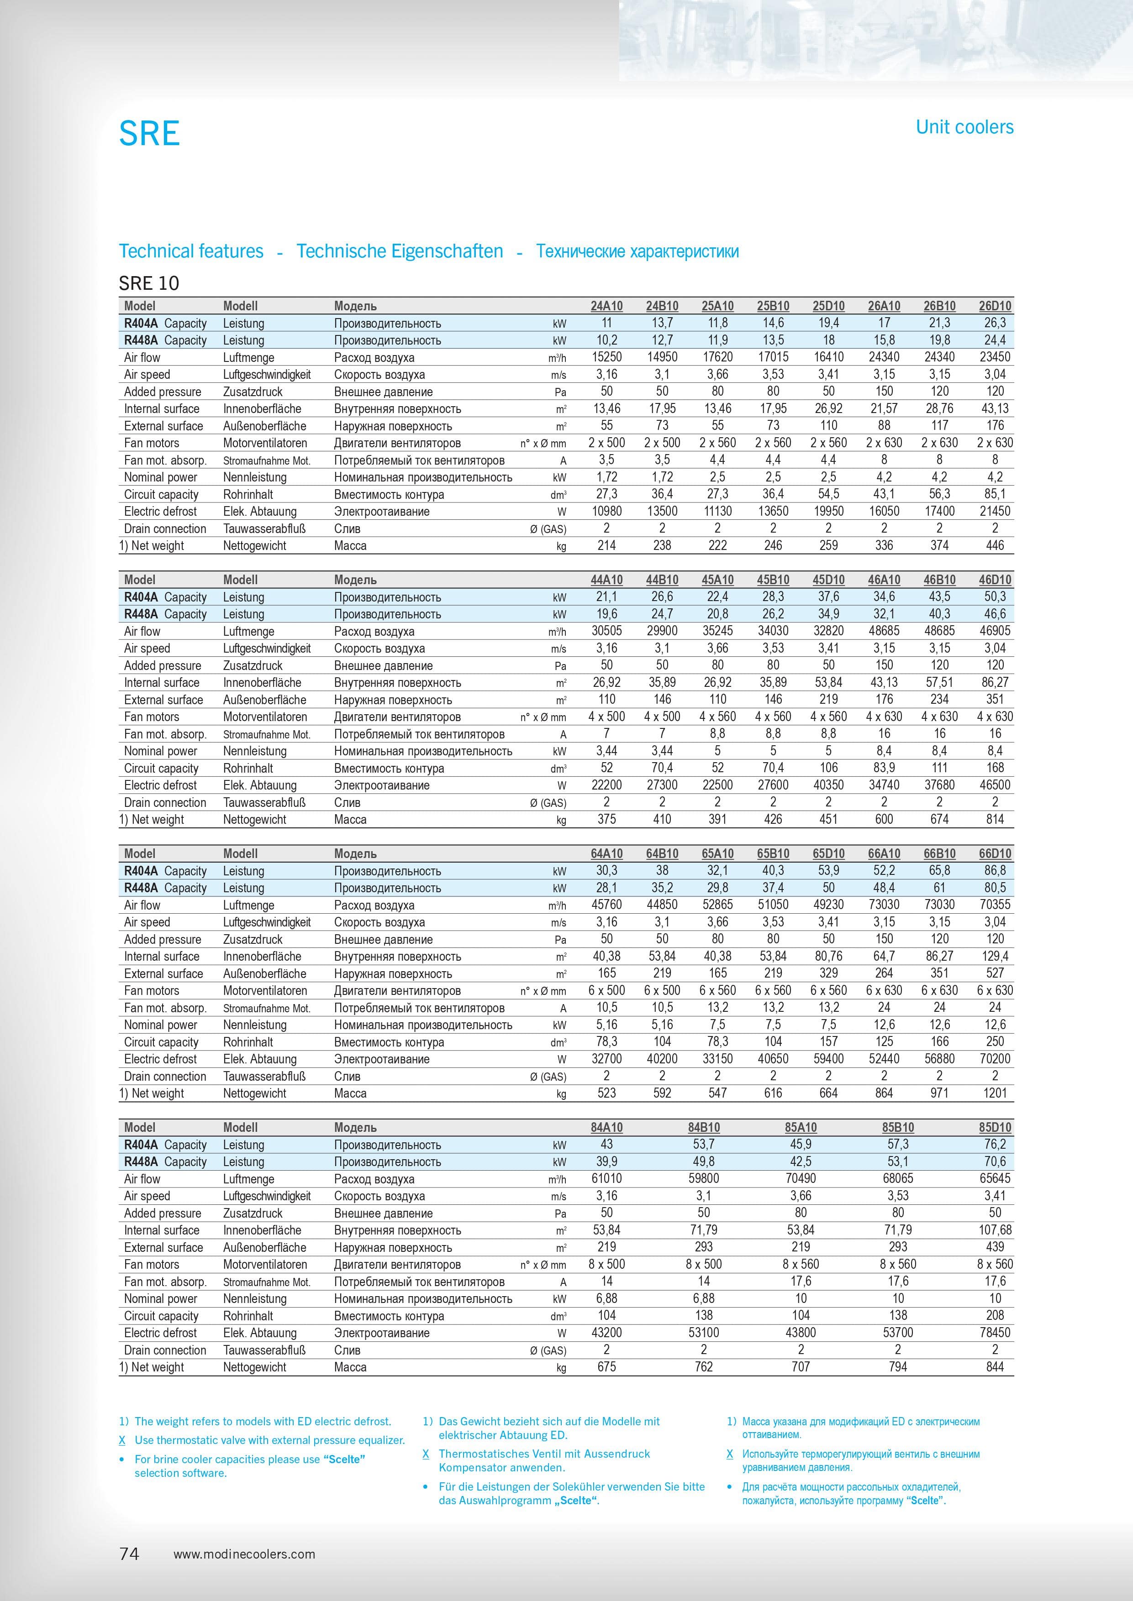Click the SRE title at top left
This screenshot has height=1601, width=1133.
tap(149, 133)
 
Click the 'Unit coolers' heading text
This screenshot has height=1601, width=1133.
tap(964, 127)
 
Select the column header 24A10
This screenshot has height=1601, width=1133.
tap(606, 306)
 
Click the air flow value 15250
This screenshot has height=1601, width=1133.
tap(606, 357)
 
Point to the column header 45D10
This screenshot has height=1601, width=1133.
tap(828, 580)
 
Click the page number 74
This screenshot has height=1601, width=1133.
tap(129, 1554)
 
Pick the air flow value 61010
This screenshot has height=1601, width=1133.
tap(606, 1178)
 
